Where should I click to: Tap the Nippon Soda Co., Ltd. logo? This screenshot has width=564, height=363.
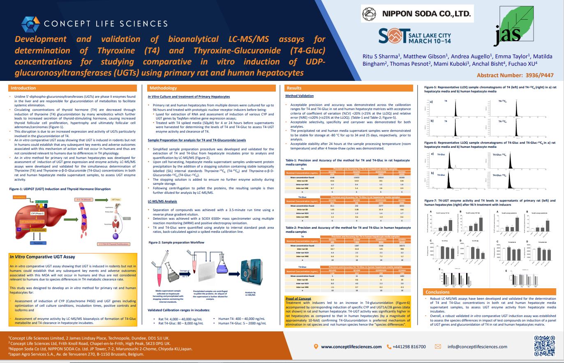click(417, 14)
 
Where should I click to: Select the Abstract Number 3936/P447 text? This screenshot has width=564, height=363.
click(515, 75)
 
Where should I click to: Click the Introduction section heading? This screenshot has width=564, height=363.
click(23, 88)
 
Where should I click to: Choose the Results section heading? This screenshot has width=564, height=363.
click(294, 88)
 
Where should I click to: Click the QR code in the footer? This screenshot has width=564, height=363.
click(544, 346)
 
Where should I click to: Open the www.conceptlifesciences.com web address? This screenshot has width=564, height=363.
click(351, 347)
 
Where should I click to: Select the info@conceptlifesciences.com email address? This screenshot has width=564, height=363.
click(477, 347)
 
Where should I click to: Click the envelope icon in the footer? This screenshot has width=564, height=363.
click(438, 347)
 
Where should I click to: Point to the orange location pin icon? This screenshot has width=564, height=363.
click(316, 347)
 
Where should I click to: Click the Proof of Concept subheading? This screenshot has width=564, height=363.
click(299, 299)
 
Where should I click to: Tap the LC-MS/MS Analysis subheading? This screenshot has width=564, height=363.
click(162, 201)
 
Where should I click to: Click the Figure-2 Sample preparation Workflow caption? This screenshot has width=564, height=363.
click(176, 242)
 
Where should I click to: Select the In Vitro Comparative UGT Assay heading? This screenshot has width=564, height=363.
click(42, 257)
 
